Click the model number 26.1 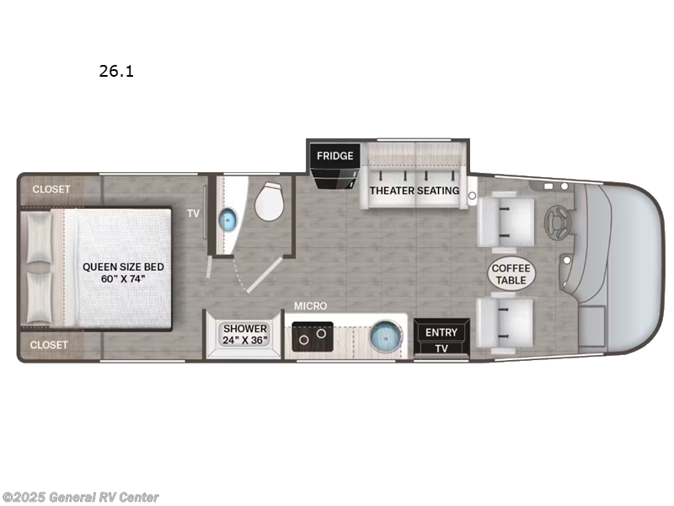(x=116, y=72)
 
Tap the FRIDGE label (x=334, y=156)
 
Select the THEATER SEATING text (x=415, y=191)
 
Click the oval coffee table (x=510, y=274)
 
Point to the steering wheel (x=555, y=223)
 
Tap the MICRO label (x=310, y=305)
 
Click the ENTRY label (x=441, y=332)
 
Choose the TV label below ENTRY (x=441, y=348)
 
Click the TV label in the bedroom (x=194, y=214)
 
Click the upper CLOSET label (x=51, y=189)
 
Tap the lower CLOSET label (x=51, y=345)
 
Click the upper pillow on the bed (x=39, y=239)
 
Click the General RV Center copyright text (x=81, y=498)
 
